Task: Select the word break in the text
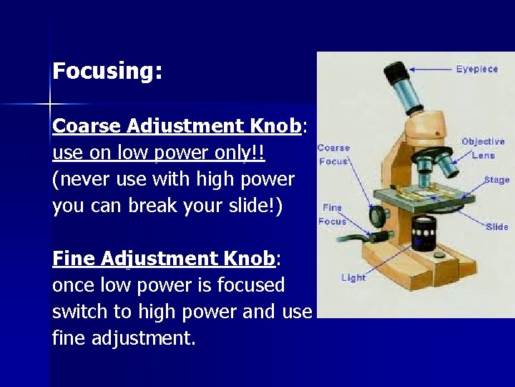[x=159, y=206]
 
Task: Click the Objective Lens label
[x=483, y=148]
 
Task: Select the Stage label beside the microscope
[x=496, y=180]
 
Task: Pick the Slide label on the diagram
[x=496, y=226]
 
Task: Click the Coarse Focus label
[x=333, y=154]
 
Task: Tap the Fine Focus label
[x=332, y=214]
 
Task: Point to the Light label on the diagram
[x=353, y=278]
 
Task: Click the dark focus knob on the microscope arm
[x=375, y=215]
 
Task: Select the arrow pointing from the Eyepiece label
[x=429, y=69]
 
